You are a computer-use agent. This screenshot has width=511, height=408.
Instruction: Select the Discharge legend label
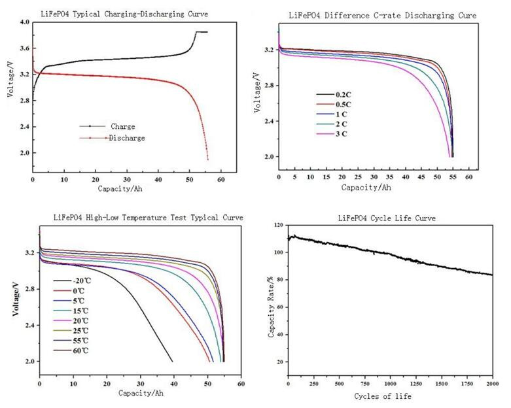click(x=127, y=138)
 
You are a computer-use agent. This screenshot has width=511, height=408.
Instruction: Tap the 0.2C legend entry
click(x=334, y=95)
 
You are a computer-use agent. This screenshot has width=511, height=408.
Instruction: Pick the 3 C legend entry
click(x=332, y=134)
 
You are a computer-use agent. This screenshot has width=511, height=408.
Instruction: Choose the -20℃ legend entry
click(x=73, y=280)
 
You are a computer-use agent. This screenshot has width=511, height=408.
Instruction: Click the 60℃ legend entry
click(x=71, y=350)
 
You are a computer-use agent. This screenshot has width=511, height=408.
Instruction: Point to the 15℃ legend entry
click(x=71, y=311)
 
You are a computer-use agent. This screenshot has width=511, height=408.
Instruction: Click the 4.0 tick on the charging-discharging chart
click(x=25, y=22)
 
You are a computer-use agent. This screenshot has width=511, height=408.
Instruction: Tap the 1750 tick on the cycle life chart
click(x=467, y=384)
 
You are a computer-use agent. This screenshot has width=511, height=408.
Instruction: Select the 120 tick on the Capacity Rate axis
click(x=279, y=225)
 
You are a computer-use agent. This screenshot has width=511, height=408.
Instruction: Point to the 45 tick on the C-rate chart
click(x=421, y=177)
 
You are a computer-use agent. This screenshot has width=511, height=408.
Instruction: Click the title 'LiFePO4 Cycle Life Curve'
click(x=387, y=218)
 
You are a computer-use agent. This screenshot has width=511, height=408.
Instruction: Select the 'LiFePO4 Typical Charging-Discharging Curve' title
click(x=124, y=14)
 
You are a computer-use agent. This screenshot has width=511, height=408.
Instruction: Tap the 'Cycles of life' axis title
click(x=383, y=396)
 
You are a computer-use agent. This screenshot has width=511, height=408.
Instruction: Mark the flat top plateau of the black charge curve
click(x=202, y=32)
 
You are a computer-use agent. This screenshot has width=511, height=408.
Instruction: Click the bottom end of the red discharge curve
click(x=207, y=160)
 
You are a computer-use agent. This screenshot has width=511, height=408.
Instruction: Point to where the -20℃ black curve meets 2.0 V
click(x=172, y=361)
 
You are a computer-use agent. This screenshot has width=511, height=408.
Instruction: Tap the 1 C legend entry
click(x=332, y=114)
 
